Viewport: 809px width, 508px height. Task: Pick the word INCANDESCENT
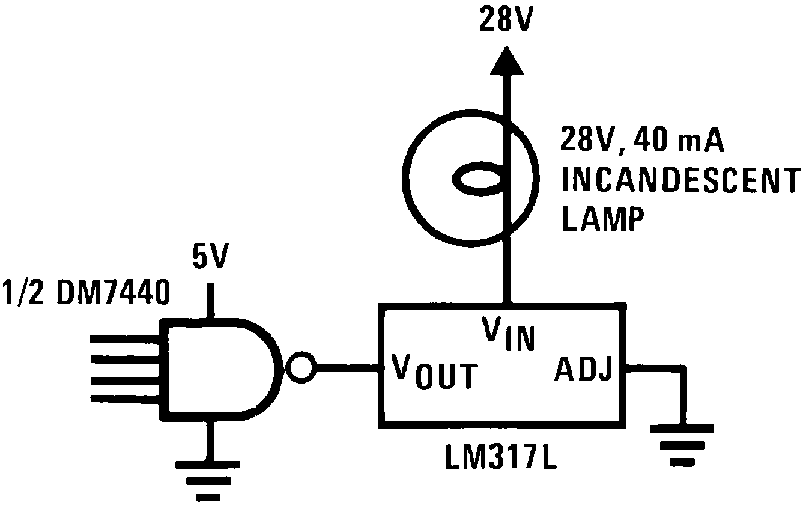coord(680,180)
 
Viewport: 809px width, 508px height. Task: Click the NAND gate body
coord(216,368)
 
